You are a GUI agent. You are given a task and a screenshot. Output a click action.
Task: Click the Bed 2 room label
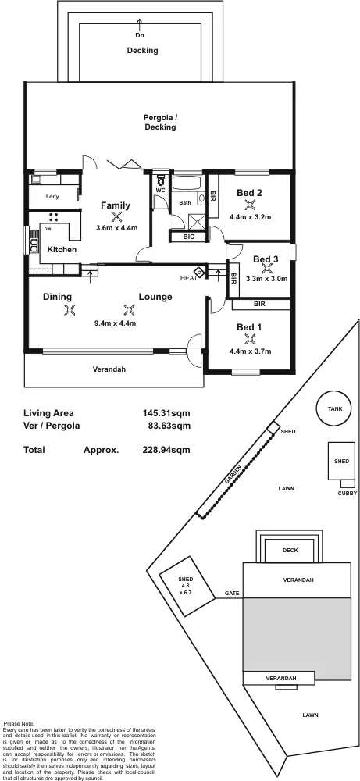coord(249,193)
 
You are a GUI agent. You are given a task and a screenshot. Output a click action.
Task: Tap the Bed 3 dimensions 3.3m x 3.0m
coord(266,278)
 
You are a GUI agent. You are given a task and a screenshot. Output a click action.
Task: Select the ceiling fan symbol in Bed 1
coord(250,338)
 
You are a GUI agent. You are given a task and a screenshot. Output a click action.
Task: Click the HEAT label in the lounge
coord(188,278)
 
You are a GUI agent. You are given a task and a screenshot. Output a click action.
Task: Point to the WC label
coord(160,190)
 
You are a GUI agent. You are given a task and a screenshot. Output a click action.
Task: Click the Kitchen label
coord(62,249)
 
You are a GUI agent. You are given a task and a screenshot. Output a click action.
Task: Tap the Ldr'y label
coord(53,197)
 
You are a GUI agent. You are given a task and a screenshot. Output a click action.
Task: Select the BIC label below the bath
coord(189,237)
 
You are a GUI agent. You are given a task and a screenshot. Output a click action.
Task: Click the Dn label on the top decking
coord(140,35)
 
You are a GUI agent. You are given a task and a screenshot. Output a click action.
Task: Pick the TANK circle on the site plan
coord(334,409)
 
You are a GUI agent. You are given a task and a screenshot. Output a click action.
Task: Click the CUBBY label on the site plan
coord(347,493)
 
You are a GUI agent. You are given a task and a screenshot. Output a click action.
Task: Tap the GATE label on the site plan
coord(232,594)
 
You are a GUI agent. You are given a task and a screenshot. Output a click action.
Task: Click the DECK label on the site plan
coord(290,551)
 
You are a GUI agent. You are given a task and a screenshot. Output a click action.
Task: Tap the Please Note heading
coord(19,724)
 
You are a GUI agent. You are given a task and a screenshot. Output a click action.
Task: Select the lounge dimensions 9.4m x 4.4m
coord(116,323)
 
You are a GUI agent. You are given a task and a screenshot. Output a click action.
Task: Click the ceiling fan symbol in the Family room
coord(116,216)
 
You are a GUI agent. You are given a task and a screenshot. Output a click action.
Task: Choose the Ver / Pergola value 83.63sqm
coord(166,426)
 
